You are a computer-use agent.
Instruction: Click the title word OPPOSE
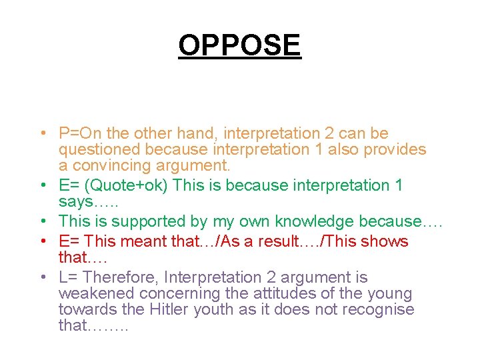(239, 45)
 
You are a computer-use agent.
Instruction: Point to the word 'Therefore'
(121, 277)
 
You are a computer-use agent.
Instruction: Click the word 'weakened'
(91, 293)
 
